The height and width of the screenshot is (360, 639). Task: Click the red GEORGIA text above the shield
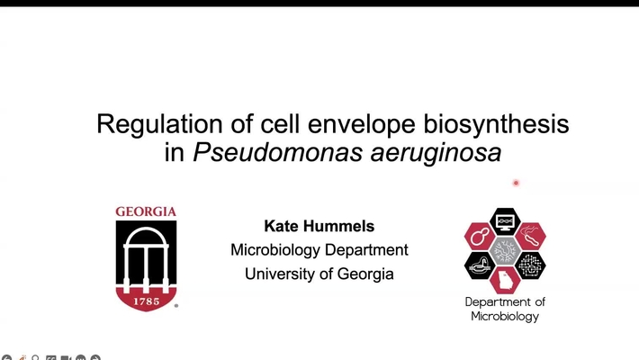click(x=146, y=213)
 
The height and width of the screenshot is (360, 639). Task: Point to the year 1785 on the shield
click(x=146, y=301)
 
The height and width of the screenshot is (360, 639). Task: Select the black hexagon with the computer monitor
click(x=505, y=220)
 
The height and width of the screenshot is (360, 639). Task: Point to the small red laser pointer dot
click(x=516, y=183)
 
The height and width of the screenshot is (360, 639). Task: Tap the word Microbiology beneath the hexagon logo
click(x=505, y=317)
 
